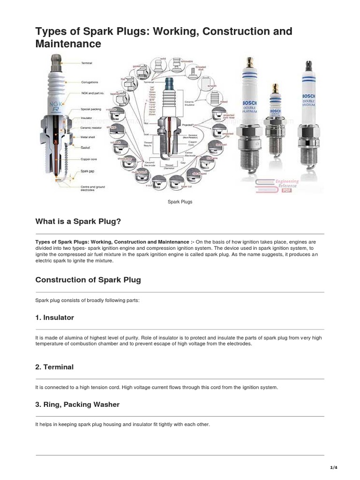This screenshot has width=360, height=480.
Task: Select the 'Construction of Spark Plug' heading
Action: coord(88,280)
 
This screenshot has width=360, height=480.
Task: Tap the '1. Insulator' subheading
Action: coord(54,317)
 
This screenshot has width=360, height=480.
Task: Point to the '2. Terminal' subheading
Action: coord(54,367)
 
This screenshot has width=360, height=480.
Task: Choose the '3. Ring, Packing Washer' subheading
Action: coord(77,404)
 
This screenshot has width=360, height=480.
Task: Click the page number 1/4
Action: coord(334,467)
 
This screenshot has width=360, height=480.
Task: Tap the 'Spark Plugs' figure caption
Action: coord(180,202)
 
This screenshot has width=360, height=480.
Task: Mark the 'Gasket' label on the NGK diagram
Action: coord(85,147)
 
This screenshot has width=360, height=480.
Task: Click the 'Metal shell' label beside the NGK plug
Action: coord(88,137)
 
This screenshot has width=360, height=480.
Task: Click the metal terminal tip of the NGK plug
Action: coord(55,60)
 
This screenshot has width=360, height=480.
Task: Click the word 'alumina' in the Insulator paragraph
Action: coord(64,337)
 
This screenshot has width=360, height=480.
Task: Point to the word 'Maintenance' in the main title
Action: coord(68,44)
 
